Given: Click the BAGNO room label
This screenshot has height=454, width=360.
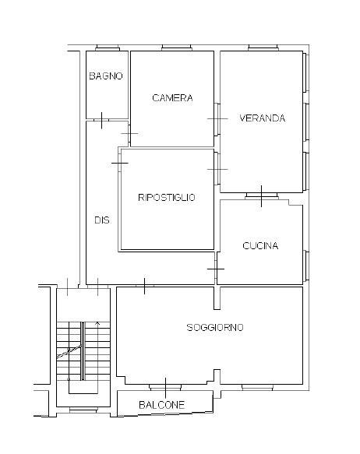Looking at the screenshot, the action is pyautogui.click(x=106, y=76).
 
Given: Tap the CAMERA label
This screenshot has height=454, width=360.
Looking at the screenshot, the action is pyautogui.click(x=172, y=98).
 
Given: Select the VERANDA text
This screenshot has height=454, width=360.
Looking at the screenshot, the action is pyautogui.click(x=263, y=118).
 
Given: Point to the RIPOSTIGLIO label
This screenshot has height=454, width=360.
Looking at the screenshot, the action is pyautogui.click(x=167, y=198).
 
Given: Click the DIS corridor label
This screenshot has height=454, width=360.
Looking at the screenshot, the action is pyautogui.click(x=102, y=220).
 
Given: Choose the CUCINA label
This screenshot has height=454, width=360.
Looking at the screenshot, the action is pyautogui.click(x=260, y=246).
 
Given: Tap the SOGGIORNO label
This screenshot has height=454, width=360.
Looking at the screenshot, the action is pyautogui.click(x=215, y=328).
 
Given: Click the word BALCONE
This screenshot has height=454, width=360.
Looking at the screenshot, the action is pyautogui.click(x=161, y=405).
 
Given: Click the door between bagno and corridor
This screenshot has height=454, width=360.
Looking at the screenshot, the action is pyautogui.click(x=101, y=120).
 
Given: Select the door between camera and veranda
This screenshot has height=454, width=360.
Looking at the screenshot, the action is pyautogui.click(x=217, y=119).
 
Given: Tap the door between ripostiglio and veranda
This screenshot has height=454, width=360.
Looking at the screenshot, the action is pyautogui.click(x=217, y=169).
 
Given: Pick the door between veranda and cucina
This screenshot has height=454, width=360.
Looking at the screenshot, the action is pyautogui.click(x=262, y=196).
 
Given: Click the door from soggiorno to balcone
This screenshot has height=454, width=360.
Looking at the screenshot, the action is pyautogui.click(x=165, y=387).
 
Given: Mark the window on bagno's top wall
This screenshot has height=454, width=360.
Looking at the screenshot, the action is pyautogui.click(x=108, y=48).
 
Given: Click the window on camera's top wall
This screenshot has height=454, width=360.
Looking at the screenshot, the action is pyautogui.click(x=176, y=48).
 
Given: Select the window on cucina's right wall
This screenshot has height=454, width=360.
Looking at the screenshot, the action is pyautogui.click(x=305, y=266).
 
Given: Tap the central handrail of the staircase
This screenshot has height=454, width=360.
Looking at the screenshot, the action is pyautogui.click(x=83, y=351).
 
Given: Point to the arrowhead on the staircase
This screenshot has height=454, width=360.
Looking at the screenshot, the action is pyautogui.click(x=97, y=323).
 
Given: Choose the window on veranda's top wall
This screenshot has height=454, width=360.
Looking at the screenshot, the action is pyautogui.click(x=263, y=48).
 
